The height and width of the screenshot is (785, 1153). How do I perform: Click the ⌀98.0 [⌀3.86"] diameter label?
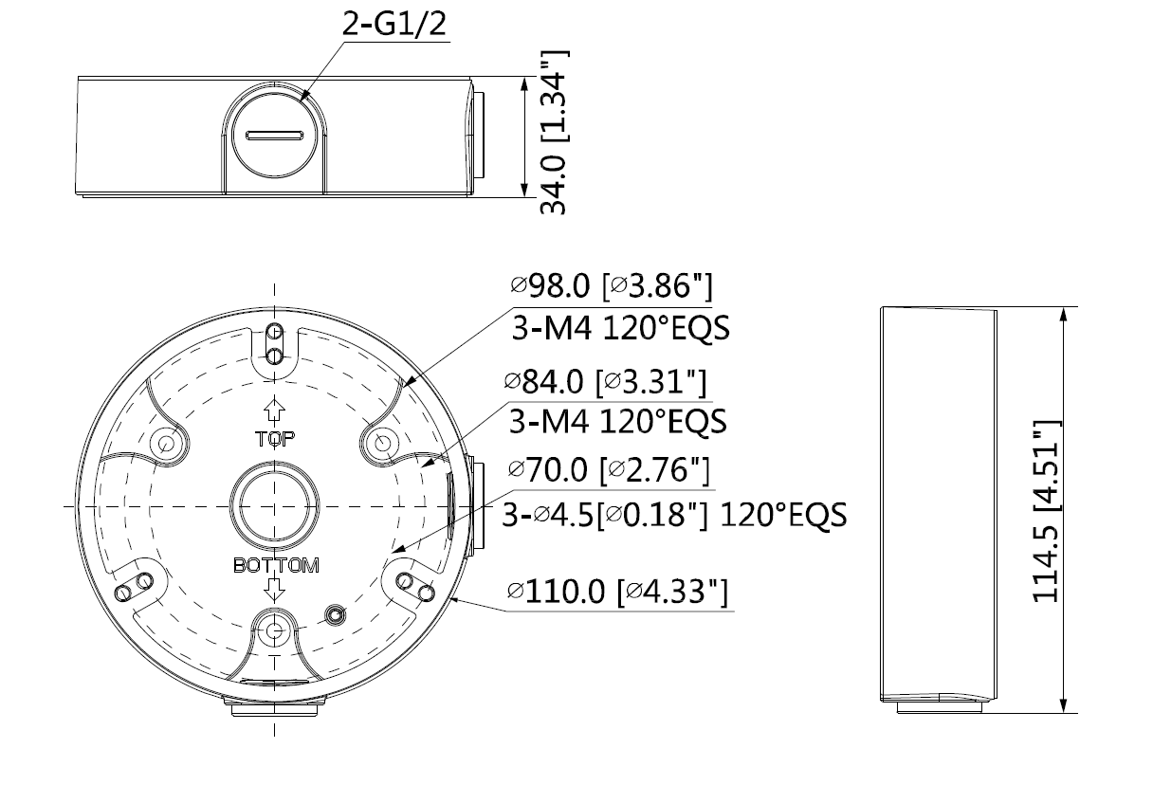point(609,285)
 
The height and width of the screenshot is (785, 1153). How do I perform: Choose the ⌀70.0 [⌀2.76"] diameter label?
point(607,470)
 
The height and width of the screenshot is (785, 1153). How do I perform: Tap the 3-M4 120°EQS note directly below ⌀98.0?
point(620,328)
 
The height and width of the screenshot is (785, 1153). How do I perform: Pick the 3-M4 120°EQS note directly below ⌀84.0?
point(618,420)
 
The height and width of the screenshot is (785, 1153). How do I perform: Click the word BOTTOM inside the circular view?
point(275,566)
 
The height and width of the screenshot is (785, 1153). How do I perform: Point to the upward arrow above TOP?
point(275,411)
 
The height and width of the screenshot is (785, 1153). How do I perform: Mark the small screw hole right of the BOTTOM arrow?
point(333,615)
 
